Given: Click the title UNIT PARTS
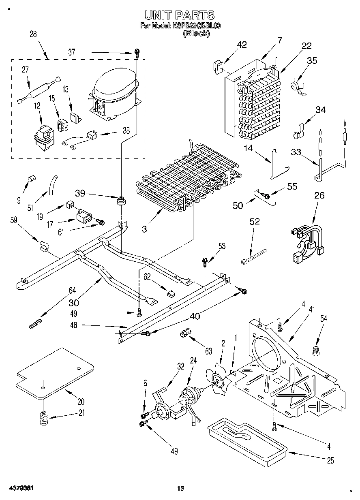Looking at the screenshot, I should [x=180, y=15].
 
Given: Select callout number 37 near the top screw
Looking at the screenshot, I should [x=71, y=52].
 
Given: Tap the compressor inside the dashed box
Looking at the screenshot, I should [x=115, y=94].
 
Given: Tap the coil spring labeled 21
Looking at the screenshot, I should [x=43, y=418].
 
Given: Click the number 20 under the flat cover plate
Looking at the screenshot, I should [x=81, y=402].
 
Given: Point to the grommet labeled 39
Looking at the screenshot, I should [x=120, y=200].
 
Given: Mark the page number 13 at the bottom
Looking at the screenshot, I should [x=180, y=488].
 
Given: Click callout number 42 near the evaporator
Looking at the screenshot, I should [x=242, y=45].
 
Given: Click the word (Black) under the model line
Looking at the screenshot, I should [x=196, y=34].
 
